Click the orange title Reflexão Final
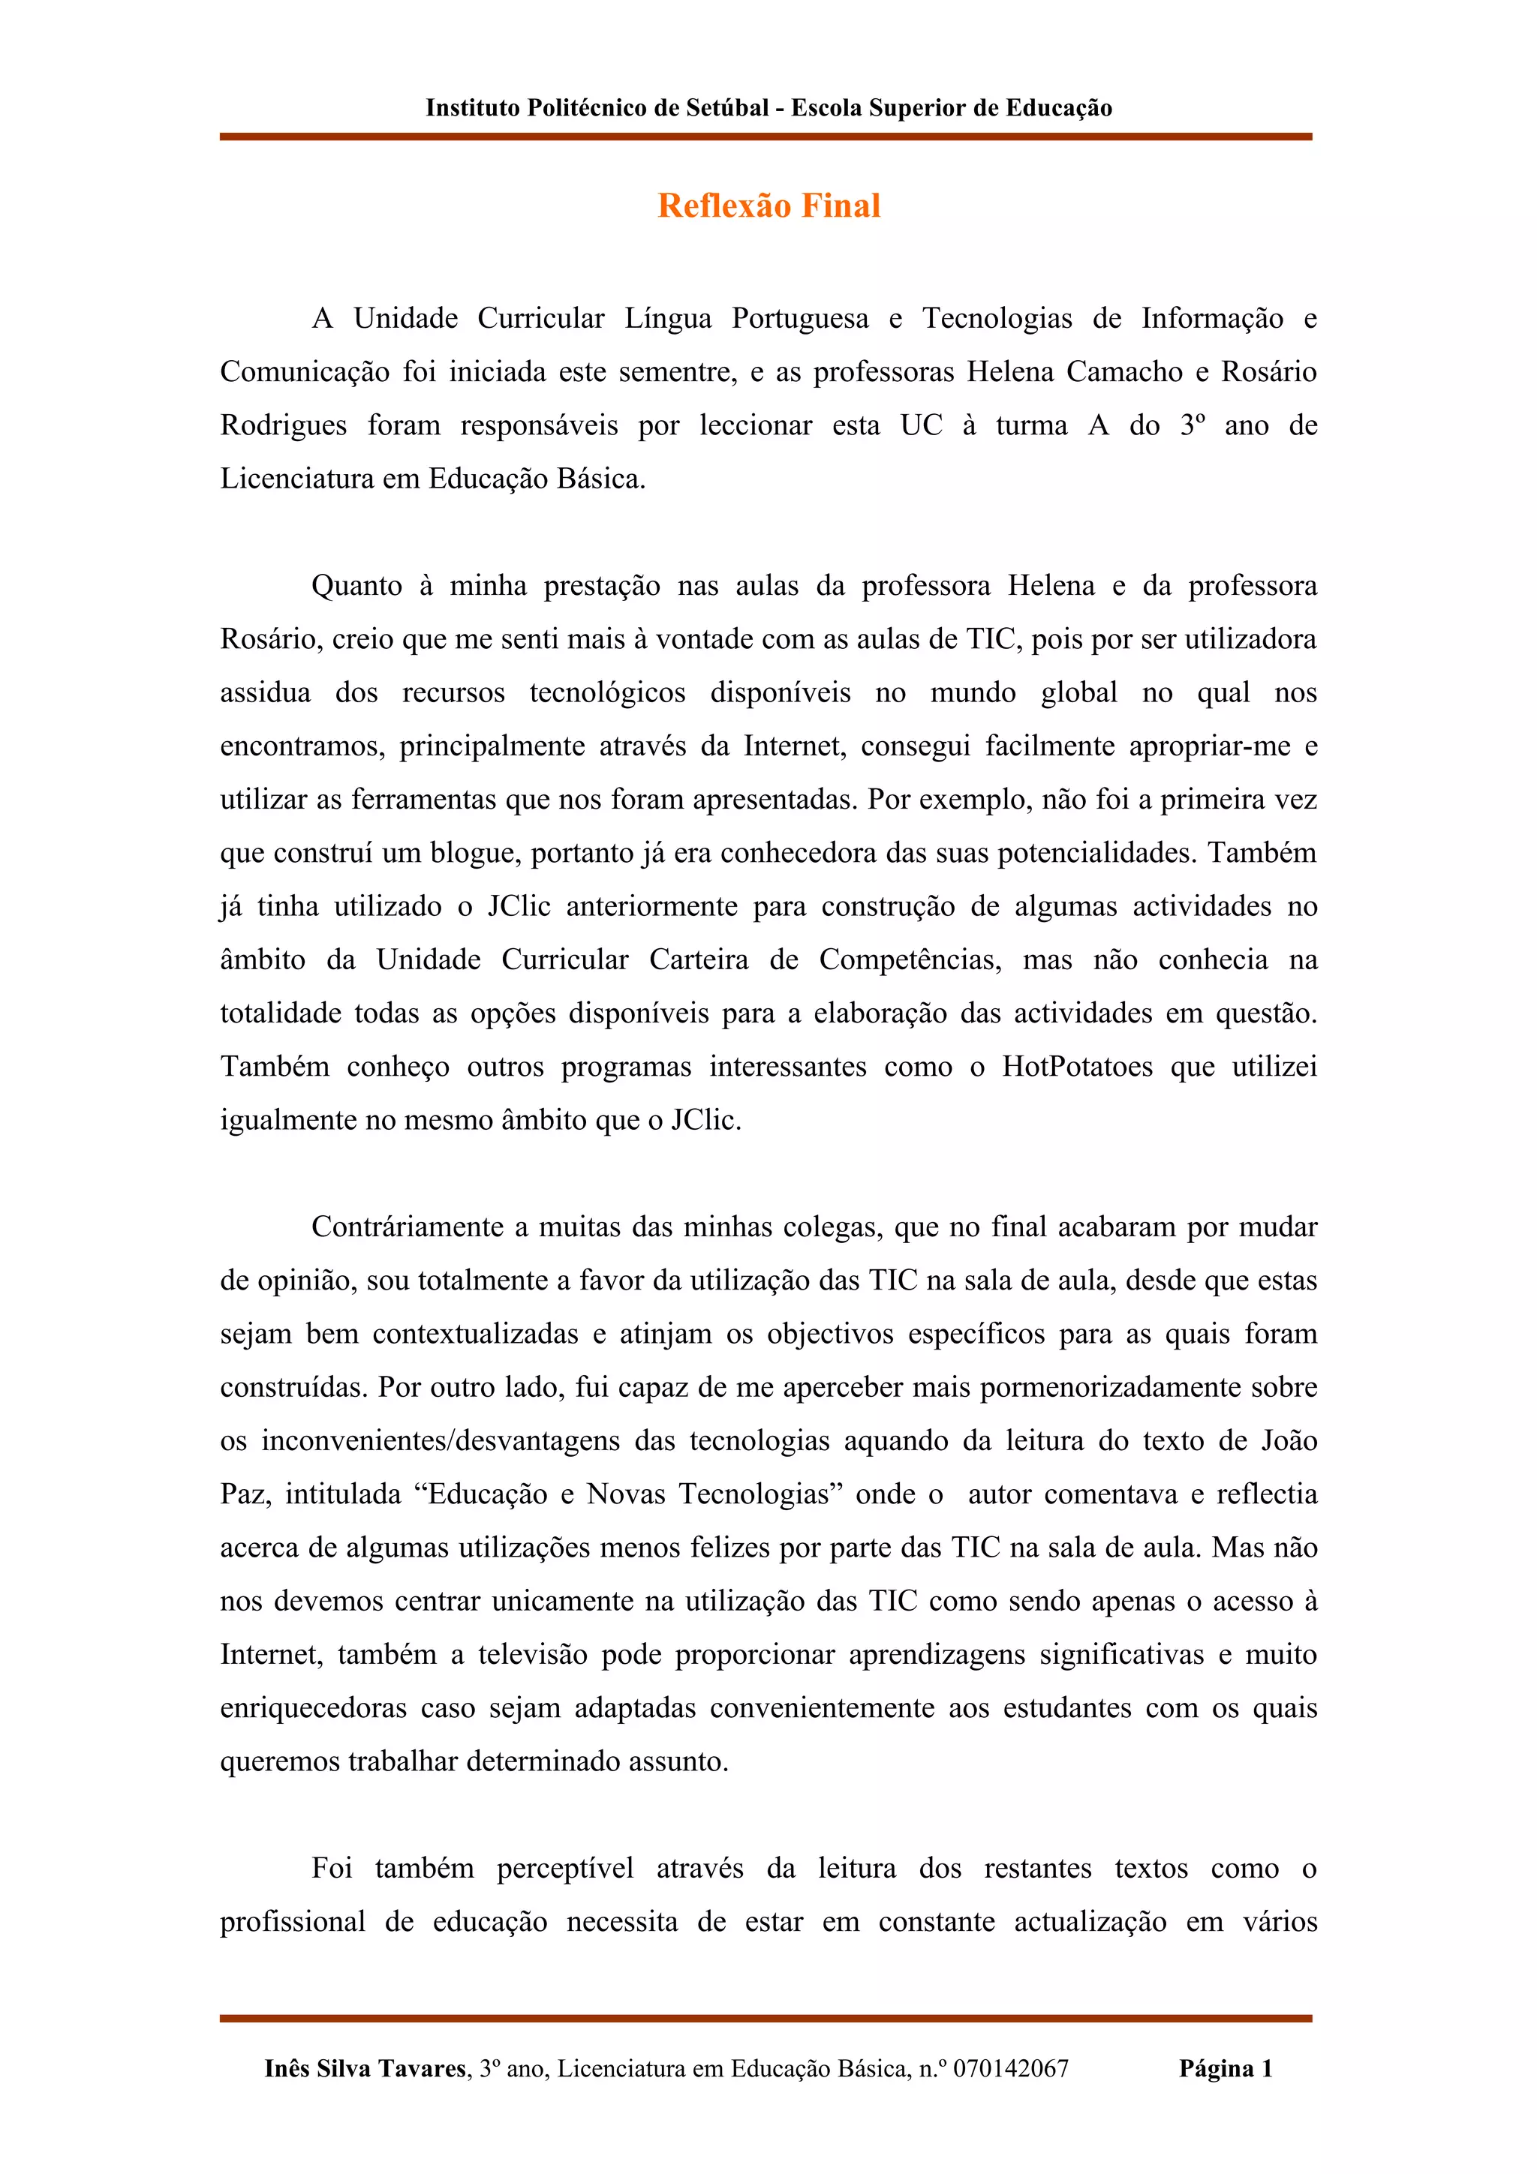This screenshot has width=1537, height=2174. (x=769, y=206)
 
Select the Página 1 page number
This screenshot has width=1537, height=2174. (x=1226, y=2068)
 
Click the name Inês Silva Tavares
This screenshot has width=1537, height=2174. (x=365, y=2068)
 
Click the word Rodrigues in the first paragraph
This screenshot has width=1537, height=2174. (x=283, y=425)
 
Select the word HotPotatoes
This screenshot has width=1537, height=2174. (x=1077, y=1066)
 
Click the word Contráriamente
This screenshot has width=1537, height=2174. (x=408, y=1227)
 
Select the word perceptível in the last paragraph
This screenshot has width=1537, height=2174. (x=564, y=1868)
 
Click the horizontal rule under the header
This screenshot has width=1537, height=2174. (x=765, y=137)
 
